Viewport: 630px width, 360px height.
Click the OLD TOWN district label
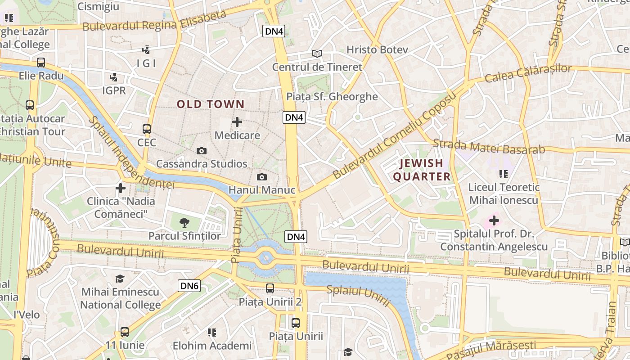point(211,104)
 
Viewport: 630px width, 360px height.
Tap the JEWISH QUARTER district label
point(422,170)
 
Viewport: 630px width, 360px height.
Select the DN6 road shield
point(189,285)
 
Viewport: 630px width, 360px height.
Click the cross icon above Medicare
point(237,122)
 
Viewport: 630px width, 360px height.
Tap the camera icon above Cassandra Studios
point(202,151)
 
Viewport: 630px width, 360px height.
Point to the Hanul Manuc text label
point(262,190)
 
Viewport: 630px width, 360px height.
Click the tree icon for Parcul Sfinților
point(184,222)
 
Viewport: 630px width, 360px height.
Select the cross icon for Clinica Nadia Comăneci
point(121,188)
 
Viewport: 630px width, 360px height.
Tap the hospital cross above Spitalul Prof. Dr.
point(494,220)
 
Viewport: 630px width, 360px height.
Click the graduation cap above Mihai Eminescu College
point(120,279)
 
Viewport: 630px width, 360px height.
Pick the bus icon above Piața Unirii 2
point(270,288)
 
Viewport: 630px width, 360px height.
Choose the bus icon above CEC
point(147,129)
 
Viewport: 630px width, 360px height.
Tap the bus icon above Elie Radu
point(41,63)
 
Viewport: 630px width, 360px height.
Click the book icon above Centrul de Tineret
point(317,54)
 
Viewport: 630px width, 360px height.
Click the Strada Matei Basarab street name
point(489,147)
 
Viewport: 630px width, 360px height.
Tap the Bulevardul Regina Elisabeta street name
point(154,21)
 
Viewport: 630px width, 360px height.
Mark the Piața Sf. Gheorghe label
point(332,96)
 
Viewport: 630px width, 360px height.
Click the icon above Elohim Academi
point(212,333)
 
